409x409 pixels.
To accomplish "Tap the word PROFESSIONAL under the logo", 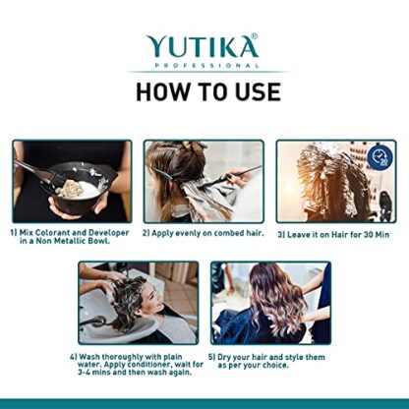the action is pyautogui.click(x=206, y=65).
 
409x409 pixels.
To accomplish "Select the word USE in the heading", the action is pyautogui.click(x=258, y=91).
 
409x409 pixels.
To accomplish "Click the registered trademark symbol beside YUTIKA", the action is pyautogui.click(x=254, y=35).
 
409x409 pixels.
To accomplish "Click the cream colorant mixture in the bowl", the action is pyautogui.click(x=70, y=189).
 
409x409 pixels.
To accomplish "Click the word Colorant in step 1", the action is pyautogui.click(x=52, y=233).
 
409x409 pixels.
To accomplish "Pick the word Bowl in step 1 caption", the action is pyautogui.click(x=99, y=241).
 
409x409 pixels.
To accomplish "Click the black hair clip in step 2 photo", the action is pyautogui.click(x=160, y=172).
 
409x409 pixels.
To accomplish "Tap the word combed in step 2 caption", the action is pyautogui.click(x=229, y=233).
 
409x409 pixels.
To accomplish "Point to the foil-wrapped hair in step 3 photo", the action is pyautogui.click(x=331, y=180).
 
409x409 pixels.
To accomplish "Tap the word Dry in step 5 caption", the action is pyautogui.click(x=225, y=357).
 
